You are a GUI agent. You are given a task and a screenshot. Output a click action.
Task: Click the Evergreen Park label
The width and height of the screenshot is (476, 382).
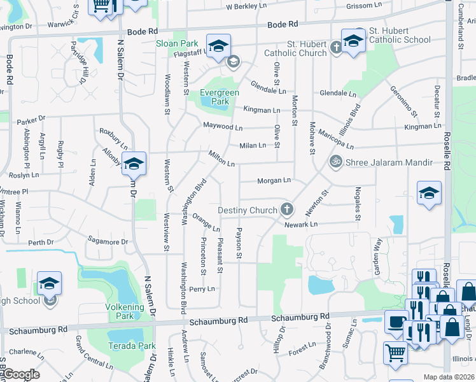(220, 97)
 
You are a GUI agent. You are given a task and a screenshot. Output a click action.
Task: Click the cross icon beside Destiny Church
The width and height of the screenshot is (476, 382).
(288, 209)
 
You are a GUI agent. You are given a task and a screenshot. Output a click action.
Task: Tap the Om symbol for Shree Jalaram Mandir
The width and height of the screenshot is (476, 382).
(335, 162)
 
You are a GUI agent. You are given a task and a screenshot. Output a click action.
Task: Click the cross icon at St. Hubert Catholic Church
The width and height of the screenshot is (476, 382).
(337, 46)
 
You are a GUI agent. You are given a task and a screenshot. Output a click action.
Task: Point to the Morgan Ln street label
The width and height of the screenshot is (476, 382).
(274, 181)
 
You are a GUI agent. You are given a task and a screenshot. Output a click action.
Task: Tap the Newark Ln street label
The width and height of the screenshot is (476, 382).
(300, 224)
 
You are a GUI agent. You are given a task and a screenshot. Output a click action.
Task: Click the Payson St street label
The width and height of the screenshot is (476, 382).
(239, 244)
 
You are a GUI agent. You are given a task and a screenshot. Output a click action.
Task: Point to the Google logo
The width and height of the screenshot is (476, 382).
(22, 374)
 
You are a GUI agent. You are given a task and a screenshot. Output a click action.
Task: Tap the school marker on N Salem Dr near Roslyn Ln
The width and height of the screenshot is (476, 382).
(134, 164)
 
